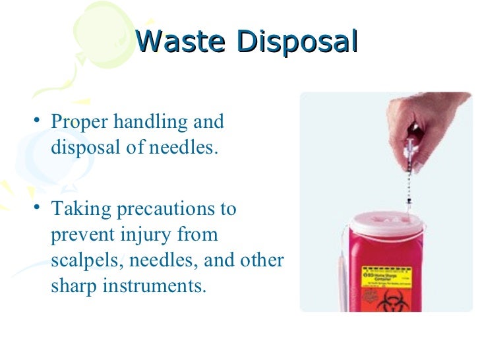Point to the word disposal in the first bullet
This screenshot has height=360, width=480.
(84, 147)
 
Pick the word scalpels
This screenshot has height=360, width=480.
(81, 260)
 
